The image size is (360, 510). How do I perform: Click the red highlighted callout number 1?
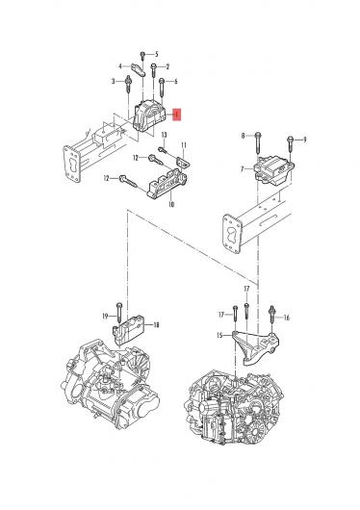[177, 115]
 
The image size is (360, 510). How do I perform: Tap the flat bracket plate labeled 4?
[139, 69]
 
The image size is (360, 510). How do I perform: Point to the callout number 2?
[167, 67]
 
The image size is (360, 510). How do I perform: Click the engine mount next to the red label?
[149, 115]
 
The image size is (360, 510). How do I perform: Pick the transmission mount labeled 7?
[274, 170]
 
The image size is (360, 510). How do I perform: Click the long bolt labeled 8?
[258, 142]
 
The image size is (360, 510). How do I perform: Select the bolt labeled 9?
[290, 144]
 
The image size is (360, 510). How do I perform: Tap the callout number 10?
[171, 204]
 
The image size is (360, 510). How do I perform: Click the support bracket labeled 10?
[167, 184]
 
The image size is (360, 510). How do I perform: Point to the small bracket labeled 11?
[183, 163]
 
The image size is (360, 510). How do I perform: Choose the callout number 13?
[164, 135]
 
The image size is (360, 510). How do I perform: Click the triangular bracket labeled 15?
[255, 347]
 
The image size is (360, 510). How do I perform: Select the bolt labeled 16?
[272, 315]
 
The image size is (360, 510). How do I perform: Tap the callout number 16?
[287, 318]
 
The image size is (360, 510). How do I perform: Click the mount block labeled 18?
[129, 330]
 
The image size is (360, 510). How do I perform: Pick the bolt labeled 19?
[119, 313]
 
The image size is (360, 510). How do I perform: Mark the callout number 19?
[105, 316]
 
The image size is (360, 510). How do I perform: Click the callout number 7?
[242, 169]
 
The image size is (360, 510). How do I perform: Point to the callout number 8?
[243, 136]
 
